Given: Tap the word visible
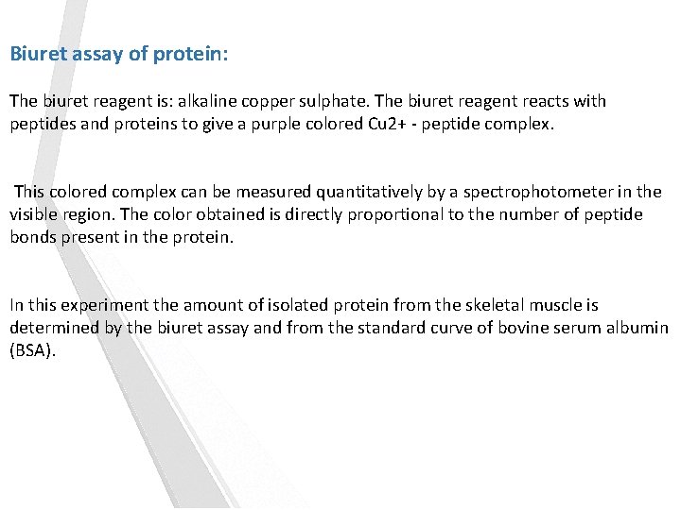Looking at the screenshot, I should click(x=34, y=214).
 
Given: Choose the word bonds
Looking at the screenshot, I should click(x=32, y=237).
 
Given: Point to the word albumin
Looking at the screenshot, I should click(x=638, y=328).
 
